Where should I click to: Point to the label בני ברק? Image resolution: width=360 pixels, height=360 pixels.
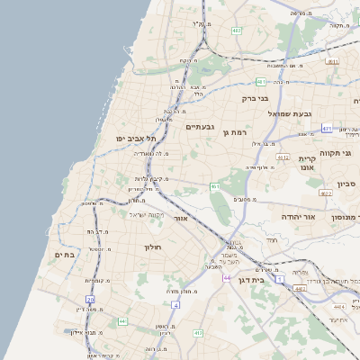click(x=255, y=99)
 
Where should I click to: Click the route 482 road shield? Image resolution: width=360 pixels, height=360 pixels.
click(x=237, y=30)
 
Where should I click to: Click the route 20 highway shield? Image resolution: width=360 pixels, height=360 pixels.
click(x=90, y=299)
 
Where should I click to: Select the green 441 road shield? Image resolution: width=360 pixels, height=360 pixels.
click(x=123, y=319)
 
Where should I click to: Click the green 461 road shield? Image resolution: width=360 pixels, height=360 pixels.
click(x=215, y=186)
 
